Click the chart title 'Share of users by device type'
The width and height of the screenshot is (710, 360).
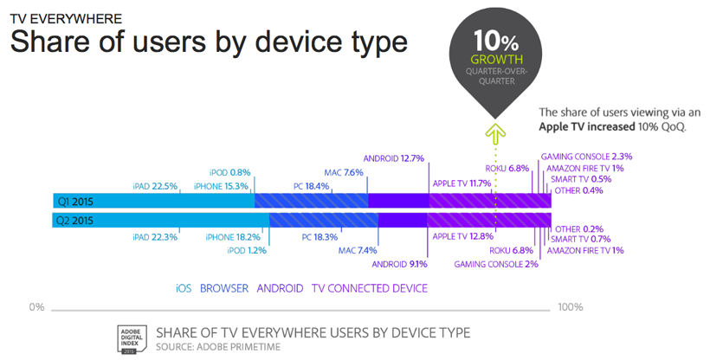pos(208,42)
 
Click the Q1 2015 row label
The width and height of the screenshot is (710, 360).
pos(75,201)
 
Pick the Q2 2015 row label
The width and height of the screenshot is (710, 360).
pos(75,220)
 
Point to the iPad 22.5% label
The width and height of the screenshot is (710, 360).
pos(155,186)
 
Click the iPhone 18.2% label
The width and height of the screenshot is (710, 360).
pos(233,236)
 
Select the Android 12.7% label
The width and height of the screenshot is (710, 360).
pos(393,158)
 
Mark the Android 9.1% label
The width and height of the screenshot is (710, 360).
pos(399,264)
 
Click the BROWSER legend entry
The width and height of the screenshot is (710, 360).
pos(223,288)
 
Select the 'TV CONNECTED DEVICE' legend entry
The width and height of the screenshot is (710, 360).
pos(370,288)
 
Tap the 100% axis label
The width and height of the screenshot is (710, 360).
pos(570,307)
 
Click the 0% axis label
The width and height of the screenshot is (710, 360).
pos(35,307)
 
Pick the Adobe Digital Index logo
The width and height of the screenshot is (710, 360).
pos(130,338)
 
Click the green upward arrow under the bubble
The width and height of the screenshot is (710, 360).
pos(494,133)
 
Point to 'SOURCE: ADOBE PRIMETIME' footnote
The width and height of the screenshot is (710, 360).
pos(218,347)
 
